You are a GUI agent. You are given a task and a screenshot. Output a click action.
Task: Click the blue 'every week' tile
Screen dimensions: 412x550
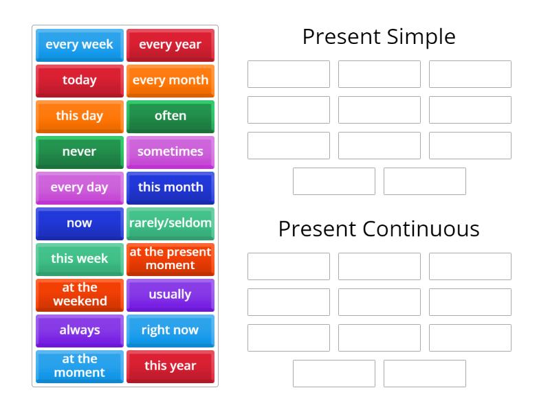(x=80, y=45)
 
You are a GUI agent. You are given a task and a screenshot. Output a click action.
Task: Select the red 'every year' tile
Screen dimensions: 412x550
(x=170, y=45)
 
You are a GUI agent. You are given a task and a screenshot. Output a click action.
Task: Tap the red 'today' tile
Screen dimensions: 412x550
(x=80, y=80)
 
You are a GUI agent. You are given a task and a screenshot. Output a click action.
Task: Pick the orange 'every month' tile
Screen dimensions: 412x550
(x=170, y=80)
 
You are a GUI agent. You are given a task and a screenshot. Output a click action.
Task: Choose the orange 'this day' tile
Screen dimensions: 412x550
(x=80, y=116)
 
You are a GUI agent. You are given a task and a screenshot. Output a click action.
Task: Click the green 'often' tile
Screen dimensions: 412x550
(x=170, y=116)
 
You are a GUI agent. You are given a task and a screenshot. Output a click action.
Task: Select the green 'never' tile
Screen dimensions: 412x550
(x=80, y=152)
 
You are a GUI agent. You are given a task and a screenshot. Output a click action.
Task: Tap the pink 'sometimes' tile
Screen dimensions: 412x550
(x=170, y=152)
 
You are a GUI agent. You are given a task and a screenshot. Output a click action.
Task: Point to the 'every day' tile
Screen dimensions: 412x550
(x=80, y=187)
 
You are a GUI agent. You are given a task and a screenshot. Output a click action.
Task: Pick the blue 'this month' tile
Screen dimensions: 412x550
(x=170, y=187)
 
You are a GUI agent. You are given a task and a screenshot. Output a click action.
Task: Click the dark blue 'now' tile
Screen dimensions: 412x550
(x=80, y=223)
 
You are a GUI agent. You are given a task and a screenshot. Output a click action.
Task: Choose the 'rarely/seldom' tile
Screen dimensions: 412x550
(x=170, y=223)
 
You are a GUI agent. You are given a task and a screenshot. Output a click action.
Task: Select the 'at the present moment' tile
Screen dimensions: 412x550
(x=170, y=259)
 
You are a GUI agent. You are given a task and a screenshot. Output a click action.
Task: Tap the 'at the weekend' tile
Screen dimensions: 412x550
(x=80, y=295)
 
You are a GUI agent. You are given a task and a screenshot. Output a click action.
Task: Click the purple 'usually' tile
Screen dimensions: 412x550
(x=170, y=295)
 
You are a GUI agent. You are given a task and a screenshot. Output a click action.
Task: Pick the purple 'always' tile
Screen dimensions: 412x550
(x=80, y=330)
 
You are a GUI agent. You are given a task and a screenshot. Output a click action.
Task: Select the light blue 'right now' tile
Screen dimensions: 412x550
(x=170, y=330)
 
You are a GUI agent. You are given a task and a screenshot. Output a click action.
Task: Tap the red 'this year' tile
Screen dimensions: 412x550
(x=170, y=366)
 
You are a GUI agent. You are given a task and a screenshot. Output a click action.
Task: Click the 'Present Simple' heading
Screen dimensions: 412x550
(x=379, y=36)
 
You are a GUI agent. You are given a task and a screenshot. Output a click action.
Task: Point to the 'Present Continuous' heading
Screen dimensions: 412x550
(x=379, y=229)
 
